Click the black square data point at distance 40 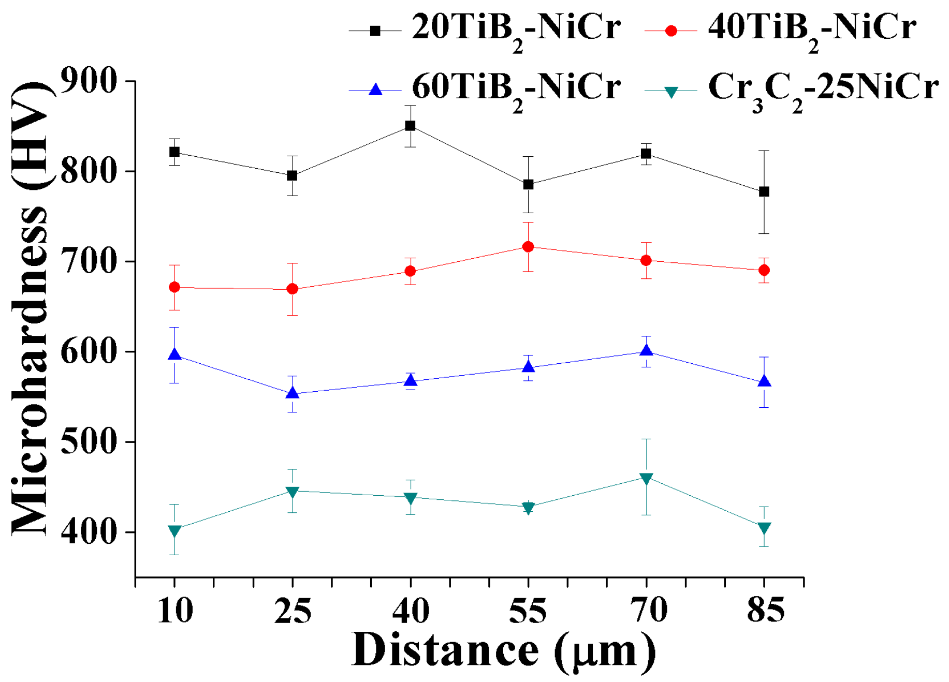click(410, 126)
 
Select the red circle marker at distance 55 click(528, 247)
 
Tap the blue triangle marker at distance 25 click(293, 393)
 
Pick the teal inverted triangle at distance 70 click(646, 478)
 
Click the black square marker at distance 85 click(764, 192)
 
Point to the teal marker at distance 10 click(174, 530)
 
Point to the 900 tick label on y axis click(89, 81)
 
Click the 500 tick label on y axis click(89, 441)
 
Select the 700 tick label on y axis click(89, 261)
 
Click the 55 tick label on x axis click(528, 610)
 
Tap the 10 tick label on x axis click(175, 610)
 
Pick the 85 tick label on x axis click(765, 610)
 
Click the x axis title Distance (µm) click(503, 650)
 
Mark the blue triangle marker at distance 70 click(646, 351)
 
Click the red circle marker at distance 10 click(174, 287)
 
